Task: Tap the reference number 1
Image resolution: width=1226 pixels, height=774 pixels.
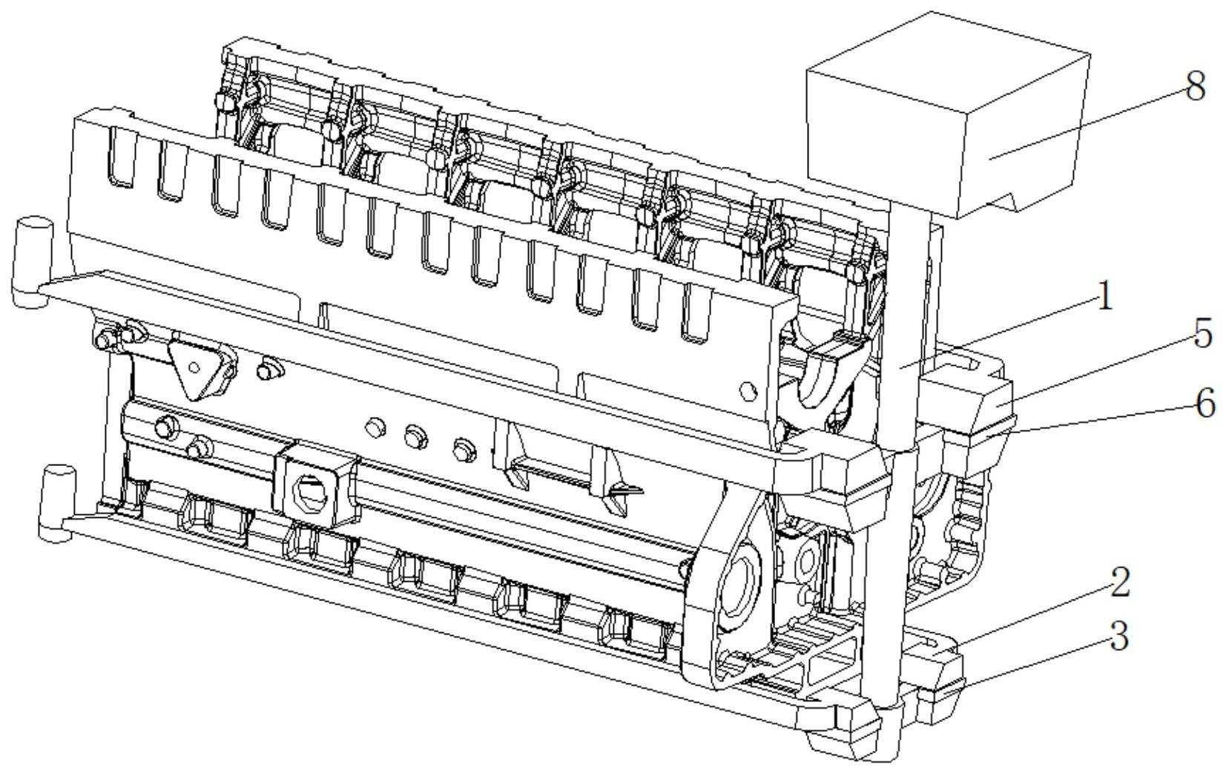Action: [x=1106, y=296]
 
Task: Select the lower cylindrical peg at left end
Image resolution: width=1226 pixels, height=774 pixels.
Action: [x=56, y=503]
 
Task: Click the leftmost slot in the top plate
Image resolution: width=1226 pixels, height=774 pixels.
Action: [x=121, y=157]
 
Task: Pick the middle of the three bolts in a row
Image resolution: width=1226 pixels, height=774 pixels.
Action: [x=416, y=437]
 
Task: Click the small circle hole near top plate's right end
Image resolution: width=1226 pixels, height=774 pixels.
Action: [x=748, y=391]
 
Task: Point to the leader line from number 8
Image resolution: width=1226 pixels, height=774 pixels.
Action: [x=1087, y=122]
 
